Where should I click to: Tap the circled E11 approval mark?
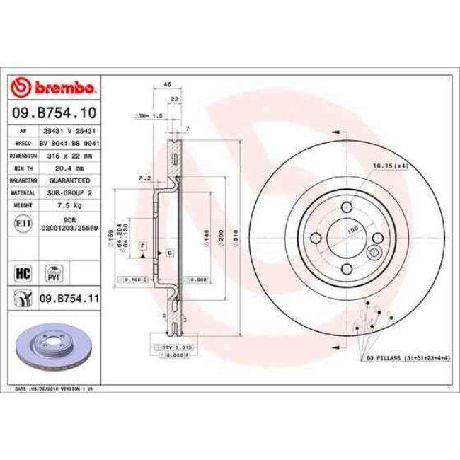[x=21, y=224]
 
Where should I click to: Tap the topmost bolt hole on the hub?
[x=347, y=207]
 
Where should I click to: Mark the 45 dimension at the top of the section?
[x=168, y=85]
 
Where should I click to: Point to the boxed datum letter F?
[x=143, y=245]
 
